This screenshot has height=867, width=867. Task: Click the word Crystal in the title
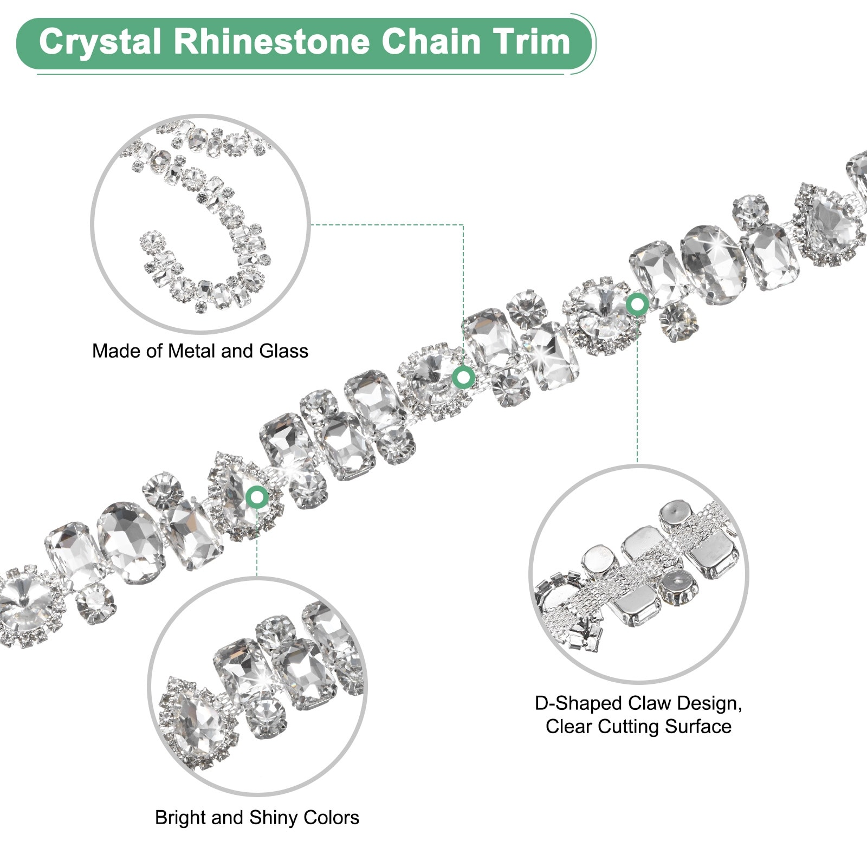100,42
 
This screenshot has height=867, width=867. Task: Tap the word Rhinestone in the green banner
271,42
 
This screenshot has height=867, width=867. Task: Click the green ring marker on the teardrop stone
257,496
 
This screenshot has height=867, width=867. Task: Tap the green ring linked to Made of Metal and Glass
463,377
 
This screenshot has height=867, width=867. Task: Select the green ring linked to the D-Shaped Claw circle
637,305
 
